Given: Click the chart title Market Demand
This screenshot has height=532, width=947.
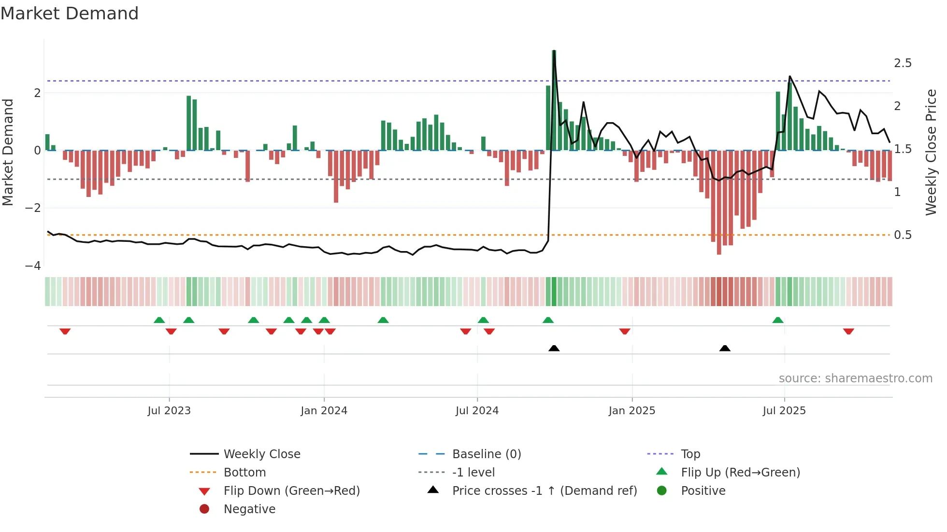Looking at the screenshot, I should point(70,14).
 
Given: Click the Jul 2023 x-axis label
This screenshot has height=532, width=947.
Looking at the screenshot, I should point(169,411).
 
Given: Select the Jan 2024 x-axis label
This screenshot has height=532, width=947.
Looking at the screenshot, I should point(324,411).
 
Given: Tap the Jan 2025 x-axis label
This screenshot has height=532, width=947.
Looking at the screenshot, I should point(631,411).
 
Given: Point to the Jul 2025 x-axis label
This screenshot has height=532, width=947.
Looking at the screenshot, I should point(784,411).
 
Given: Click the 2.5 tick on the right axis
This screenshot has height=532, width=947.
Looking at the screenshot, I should point(903,63).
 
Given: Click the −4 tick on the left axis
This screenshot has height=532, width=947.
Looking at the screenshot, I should point(33,266).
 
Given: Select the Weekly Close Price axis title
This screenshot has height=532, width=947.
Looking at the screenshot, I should point(931,152).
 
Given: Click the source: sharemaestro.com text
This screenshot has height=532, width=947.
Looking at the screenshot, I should point(855,378).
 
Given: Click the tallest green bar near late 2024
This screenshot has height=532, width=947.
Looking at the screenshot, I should point(554,100).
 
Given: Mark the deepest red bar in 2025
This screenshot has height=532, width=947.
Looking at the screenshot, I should point(719,203).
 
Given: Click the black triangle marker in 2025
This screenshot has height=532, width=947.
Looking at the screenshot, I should point(725,348).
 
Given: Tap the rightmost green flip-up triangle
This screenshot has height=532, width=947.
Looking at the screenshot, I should point(778,320).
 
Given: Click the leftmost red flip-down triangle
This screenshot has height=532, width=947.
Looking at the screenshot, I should point(65,331).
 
